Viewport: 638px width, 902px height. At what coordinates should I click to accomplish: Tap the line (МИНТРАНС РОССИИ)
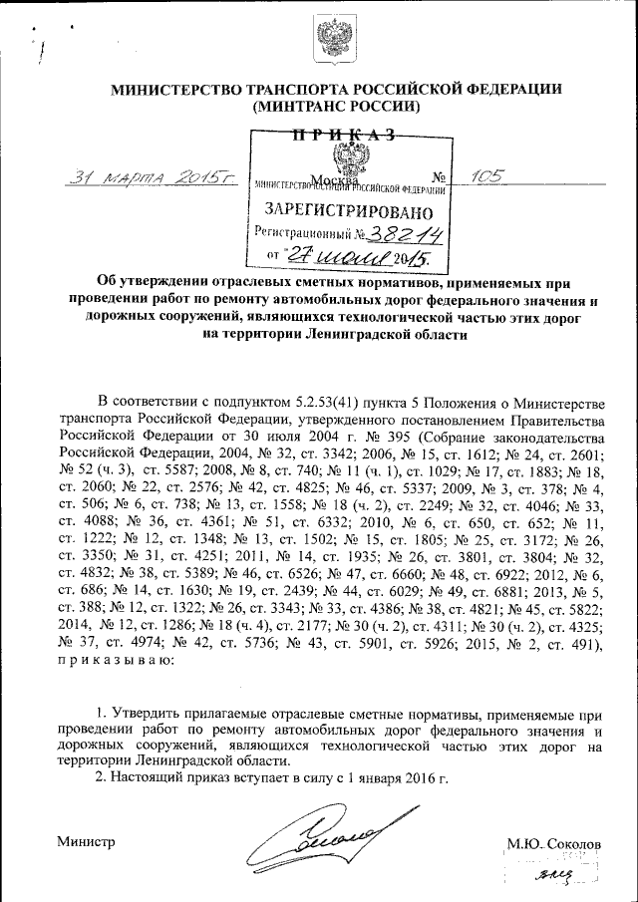click(x=336, y=105)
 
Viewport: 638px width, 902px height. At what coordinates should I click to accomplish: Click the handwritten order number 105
click(x=487, y=175)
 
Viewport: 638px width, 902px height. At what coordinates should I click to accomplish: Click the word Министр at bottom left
click(x=87, y=842)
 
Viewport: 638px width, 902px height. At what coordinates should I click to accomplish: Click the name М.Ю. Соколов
click(x=554, y=844)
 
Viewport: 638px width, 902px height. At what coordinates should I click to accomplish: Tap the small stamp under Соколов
click(x=554, y=874)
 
